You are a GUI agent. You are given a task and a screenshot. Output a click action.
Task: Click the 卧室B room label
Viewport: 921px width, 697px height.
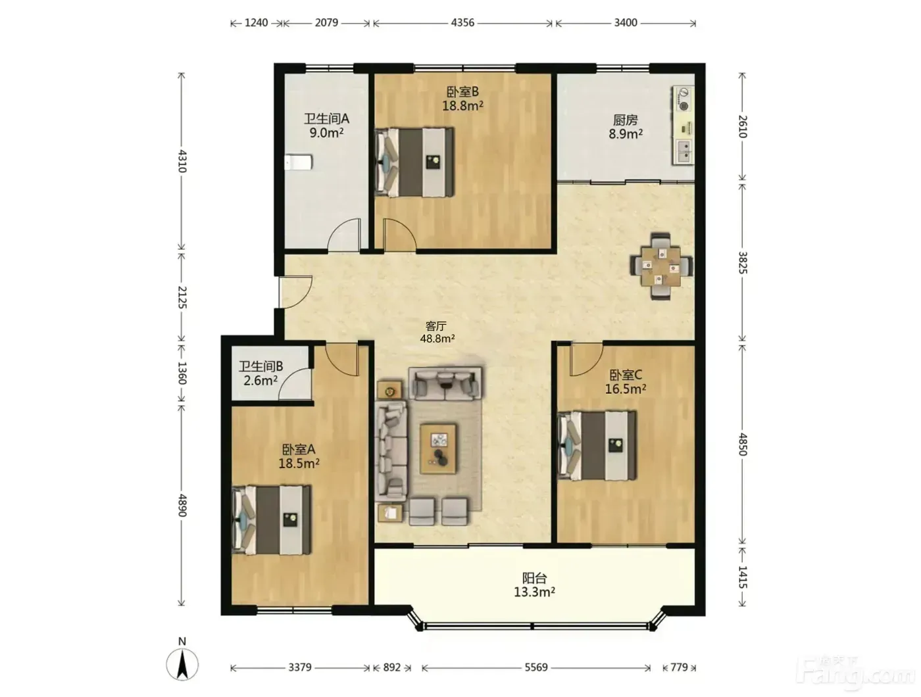pyautogui.click(x=462, y=92)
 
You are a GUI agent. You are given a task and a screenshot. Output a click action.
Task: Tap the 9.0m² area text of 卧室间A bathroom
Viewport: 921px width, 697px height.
pyautogui.click(x=326, y=133)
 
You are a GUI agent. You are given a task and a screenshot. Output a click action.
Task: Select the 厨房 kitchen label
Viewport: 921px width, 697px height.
pyautogui.click(x=625, y=120)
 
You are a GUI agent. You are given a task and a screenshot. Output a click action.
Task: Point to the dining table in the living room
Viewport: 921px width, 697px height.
pyautogui.click(x=661, y=266)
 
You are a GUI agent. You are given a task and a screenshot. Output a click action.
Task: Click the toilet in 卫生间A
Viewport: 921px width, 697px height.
pyautogui.click(x=298, y=162)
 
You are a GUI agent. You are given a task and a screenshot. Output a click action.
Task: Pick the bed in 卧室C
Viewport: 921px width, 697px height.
pyautogui.click(x=597, y=445)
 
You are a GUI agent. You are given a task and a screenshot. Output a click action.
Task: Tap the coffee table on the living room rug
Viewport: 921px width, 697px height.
pyautogui.click(x=439, y=448)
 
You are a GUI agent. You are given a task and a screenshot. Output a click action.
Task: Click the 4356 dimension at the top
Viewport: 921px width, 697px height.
pyautogui.click(x=462, y=22)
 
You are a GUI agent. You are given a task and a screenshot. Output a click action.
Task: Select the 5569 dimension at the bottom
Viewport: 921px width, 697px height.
pyautogui.click(x=536, y=667)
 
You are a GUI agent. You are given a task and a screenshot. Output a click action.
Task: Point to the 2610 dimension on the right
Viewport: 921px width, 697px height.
pyautogui.click(x=742, y=127)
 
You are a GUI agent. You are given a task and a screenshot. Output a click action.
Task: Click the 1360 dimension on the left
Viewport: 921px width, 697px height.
pyautogui.click(x=182, y=373)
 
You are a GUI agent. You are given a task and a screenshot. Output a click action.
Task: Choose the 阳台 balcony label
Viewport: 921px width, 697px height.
pyautogui.click(x=535, y=579)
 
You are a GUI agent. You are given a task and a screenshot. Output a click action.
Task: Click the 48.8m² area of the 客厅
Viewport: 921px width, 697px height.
pyautogui.click(x=437, y=338)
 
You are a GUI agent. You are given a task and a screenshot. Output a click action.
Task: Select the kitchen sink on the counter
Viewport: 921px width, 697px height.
pyautogui.click(x=684, y=151)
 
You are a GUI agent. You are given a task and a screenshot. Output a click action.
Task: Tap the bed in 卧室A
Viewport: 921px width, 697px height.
pyautogui.click(x=272, y=520)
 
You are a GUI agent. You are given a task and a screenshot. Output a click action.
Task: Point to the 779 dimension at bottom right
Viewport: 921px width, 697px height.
pyautogui.click(x=679, y=667)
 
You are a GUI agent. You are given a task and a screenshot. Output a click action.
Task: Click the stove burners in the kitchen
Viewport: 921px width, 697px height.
pyautogui.click(x=684, y=99)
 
